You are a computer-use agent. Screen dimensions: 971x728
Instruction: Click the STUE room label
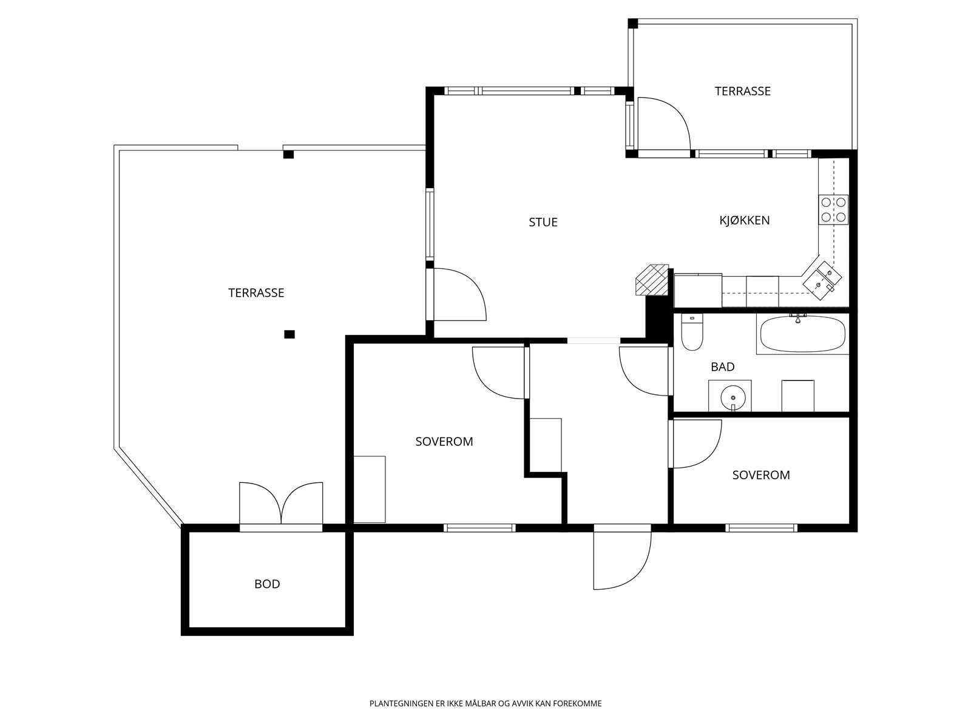[543, 222]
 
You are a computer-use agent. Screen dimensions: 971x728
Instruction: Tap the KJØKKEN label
[745, 220]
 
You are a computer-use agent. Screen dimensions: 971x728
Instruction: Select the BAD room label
[722, 366]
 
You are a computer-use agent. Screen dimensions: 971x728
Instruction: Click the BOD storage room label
[267, 584]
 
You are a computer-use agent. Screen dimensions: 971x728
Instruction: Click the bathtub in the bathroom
[802, 334]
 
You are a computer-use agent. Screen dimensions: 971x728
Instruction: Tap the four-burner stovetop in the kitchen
[833, 209]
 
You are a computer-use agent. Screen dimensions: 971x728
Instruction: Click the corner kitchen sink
[822, 280]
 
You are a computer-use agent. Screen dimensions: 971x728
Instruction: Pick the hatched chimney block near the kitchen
[652, 279]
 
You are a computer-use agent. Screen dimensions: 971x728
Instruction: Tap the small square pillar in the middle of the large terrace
[289, 334]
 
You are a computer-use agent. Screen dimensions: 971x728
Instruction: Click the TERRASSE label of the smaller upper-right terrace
[743, 91]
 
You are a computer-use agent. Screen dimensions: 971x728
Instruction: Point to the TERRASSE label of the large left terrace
[256, 292]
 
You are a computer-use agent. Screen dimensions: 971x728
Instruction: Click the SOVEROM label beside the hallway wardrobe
[444, 441]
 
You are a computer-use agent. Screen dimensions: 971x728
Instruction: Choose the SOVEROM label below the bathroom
[761, 475]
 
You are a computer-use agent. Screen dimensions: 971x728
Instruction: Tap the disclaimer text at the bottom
[486, 703]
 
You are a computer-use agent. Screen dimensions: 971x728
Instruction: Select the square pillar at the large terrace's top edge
[288, 154]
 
